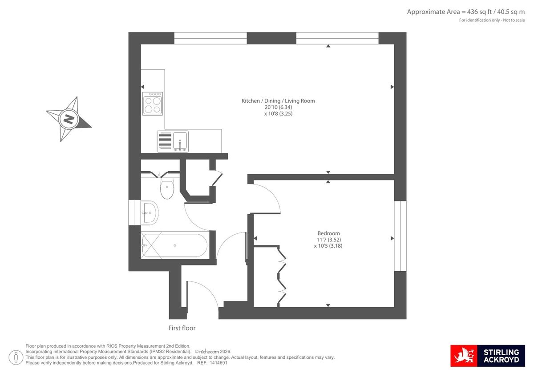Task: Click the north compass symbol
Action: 69,119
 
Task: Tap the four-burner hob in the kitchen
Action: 153,104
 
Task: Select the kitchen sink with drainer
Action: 173,141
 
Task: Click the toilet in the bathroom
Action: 167,189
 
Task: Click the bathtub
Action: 174,245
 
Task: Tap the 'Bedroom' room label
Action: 328,233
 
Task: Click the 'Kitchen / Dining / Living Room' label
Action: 278,101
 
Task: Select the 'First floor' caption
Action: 182,328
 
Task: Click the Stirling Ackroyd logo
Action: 488,356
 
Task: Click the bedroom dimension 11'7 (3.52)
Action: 328,240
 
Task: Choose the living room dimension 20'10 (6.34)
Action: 278,107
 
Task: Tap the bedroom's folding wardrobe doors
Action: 282,276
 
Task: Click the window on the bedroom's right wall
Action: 400,236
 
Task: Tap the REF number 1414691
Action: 218,363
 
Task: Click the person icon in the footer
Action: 16,357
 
